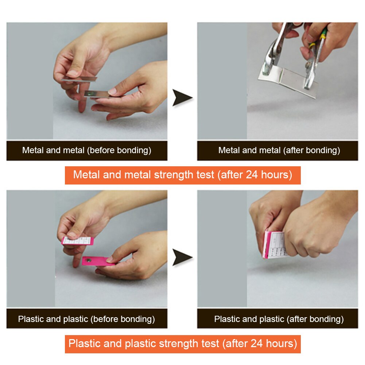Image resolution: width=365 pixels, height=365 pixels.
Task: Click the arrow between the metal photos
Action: [x=182, y=98]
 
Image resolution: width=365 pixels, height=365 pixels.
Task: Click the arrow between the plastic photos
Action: [x=182, y=258]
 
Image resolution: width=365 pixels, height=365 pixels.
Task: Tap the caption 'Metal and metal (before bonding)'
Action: [x=87, y=150]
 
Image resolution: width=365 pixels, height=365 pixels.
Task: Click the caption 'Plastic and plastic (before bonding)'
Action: [x=87, y=319]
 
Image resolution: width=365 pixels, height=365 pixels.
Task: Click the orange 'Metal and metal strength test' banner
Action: [x=182, y=175]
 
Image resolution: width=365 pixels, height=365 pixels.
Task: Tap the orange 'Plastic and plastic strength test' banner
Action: [x=182, y=343]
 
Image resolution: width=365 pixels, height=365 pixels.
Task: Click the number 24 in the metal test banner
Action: [x=252, y=175]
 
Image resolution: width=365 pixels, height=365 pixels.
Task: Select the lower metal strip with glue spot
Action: [x=96, y=94]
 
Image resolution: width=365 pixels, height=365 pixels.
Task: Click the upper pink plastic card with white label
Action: [x=78, y=241]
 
